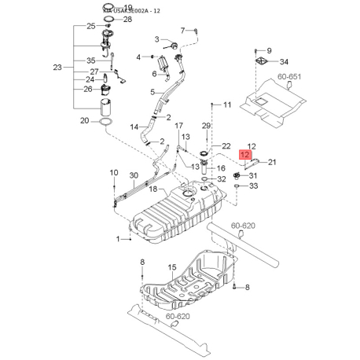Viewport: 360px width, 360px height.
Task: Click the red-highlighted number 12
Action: click(246, 156)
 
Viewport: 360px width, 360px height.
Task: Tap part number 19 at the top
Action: click(128, 7)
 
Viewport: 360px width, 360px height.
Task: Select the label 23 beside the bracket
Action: click(57, 68)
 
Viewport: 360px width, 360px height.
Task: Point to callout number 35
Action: click(90, 61)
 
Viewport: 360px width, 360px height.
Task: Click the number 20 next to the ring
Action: click(85, 120)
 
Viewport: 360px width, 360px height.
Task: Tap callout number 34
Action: click(284, 62)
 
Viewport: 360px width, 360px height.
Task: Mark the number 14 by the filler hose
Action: click(134, 127)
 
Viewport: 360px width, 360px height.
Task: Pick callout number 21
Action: click(273, 162)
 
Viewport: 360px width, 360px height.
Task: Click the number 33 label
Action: click(254, 186)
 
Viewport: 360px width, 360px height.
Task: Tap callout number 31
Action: click(253, 174)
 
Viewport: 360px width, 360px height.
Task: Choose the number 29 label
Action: click(207, 126)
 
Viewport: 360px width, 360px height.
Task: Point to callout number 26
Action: click(90, 89)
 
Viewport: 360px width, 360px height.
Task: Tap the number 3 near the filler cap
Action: click(156, 39)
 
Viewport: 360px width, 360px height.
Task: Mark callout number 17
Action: click(179, 126)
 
